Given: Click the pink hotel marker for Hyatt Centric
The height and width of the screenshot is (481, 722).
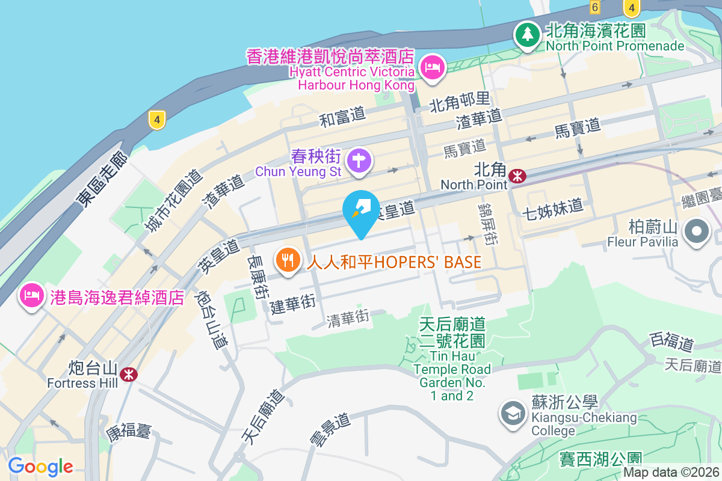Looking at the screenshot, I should (433, 66).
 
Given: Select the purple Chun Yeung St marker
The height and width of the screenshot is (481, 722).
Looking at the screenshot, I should (359, 161).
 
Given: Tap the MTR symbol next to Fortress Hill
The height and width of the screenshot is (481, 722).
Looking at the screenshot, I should (128, 375).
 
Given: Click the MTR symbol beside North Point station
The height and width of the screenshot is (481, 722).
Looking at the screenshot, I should (517, 176).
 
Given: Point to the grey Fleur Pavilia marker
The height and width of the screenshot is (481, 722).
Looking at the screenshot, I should (697, 231).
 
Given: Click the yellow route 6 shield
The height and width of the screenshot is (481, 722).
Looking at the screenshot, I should (594, 7).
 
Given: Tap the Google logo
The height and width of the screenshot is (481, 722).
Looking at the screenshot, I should (40, 466).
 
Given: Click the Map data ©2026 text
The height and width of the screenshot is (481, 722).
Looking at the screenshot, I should (671, 473).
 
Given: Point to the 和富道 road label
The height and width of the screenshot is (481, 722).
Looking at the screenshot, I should (342, 116).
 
